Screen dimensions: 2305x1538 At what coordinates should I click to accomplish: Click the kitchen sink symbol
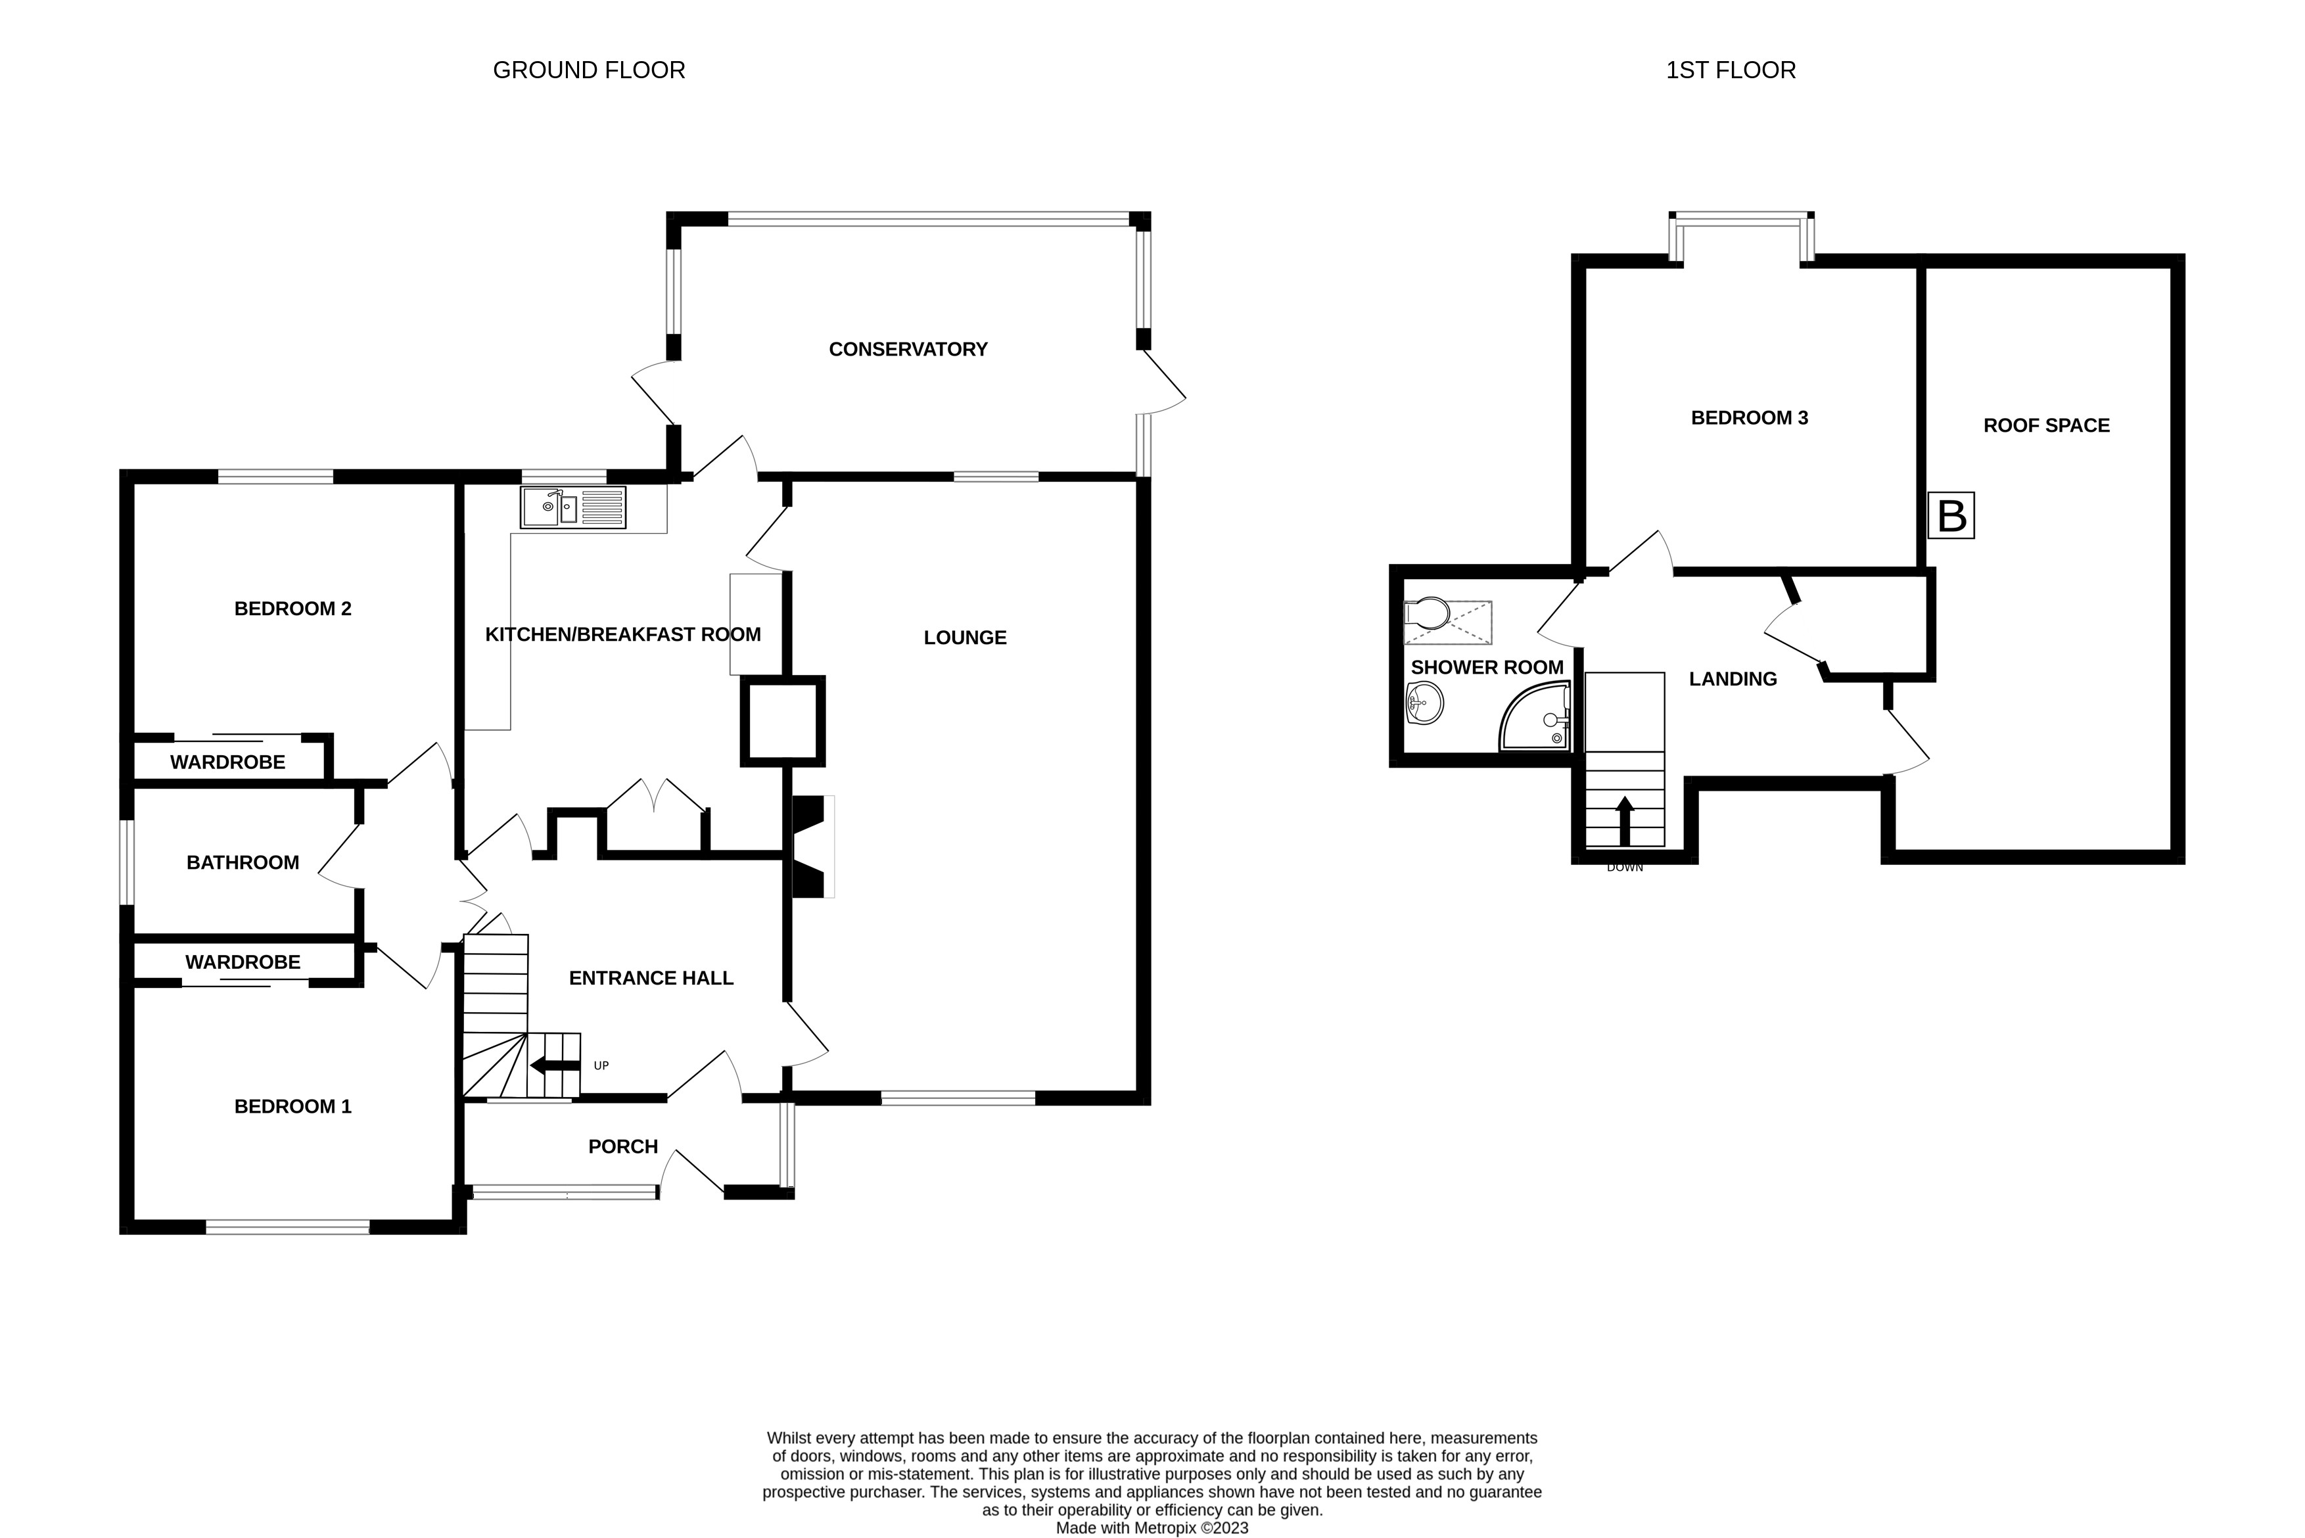(573, 507)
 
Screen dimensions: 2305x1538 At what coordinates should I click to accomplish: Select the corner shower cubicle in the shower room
(1535, 717)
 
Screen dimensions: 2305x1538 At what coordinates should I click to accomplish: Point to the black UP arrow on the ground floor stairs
(555, 1066)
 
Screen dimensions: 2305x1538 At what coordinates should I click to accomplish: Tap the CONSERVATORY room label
(908, 349)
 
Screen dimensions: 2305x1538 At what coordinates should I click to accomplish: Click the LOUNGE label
(965, 638)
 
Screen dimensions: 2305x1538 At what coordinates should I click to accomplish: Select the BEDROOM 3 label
(1750, 418)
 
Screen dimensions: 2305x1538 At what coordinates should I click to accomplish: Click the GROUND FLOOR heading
(588, 70)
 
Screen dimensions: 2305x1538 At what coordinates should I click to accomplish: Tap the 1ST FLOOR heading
(1731, 70)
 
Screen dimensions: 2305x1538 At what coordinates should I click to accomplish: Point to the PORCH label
(623, 1147)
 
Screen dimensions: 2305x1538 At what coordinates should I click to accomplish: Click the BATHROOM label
(243, 862)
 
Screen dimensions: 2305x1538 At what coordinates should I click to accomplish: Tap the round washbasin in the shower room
(1424, 703)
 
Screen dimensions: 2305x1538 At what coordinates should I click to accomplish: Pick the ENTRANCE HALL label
(651, 978)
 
